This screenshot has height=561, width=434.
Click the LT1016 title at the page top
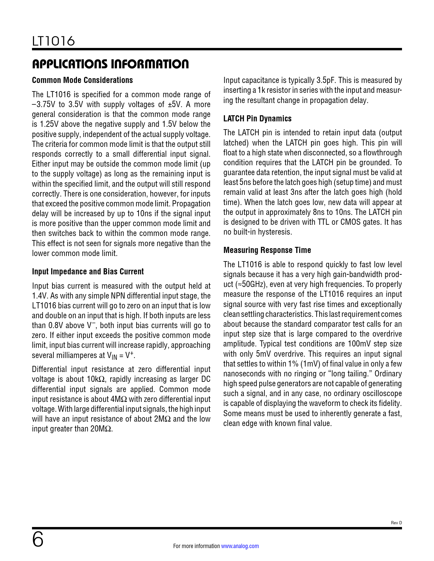click(53, 41)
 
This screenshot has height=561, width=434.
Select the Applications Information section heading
click(110, 64)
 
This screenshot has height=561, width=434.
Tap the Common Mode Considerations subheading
click(82, 80)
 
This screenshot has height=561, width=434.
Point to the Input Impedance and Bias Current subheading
click(88, 272)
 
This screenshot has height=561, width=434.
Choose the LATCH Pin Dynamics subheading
click(257, 119)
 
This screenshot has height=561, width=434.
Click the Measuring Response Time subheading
click(267, 250)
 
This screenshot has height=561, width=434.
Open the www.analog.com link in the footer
click(240, 546)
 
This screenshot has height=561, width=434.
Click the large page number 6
click(38, 540)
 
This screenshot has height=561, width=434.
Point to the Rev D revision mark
click(396, 523)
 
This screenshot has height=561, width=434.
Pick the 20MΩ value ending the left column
click(101, 429)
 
